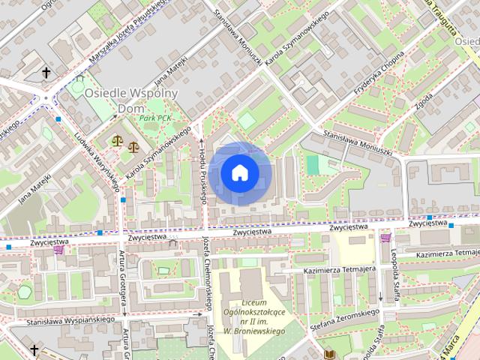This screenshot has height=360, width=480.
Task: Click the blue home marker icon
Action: (x=239, y=173)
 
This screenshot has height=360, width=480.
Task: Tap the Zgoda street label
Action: (x=425, y=98)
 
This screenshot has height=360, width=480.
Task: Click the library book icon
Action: (x=328, y=352)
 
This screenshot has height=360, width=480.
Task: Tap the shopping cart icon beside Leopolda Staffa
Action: (x=385, y=238)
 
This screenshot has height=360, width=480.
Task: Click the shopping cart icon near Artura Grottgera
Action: (x=58, y=250)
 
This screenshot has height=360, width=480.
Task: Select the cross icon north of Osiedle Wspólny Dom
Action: (x=46, y=73)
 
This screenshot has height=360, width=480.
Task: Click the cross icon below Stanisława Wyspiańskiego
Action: (x=34, y=349)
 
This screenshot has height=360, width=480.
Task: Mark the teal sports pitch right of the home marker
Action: (x=312, y=165)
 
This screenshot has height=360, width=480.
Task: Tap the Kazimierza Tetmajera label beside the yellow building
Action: (x=339, y=269)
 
